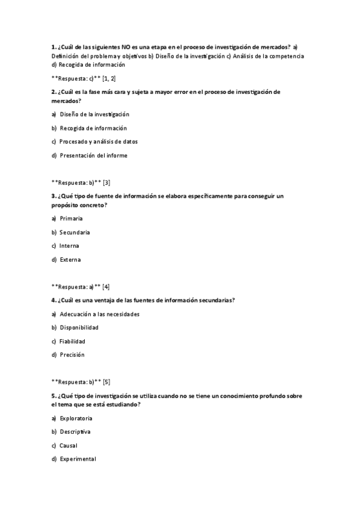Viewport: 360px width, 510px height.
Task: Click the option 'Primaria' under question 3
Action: (71, 218)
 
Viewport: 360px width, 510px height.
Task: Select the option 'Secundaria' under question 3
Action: (75, 232)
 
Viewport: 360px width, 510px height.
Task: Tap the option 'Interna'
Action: (69, 246)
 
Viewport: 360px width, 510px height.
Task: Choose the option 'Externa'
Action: (70, 260)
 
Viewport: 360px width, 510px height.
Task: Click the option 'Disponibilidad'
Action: (79, 327)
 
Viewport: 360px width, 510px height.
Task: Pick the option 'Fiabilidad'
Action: (72, 341)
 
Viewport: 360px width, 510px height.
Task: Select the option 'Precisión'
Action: (72, 355)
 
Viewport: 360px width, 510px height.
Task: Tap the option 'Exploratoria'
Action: (76, 418)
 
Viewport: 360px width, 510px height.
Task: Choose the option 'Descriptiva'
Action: (75, 432)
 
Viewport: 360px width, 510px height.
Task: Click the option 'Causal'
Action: (68, 446)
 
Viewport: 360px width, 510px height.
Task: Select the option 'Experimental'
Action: (78, 459)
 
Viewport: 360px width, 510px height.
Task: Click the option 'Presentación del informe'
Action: (93, 155)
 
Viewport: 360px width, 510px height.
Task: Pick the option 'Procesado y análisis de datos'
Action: (99, 142)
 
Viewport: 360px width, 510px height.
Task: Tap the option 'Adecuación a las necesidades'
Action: (99, 314)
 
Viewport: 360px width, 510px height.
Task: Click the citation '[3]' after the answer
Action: (106, 182)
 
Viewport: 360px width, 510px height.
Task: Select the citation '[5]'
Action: (106, 381)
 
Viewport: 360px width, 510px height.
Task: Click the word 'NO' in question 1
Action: (126, 47)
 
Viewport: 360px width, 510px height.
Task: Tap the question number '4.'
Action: (54, 300)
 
